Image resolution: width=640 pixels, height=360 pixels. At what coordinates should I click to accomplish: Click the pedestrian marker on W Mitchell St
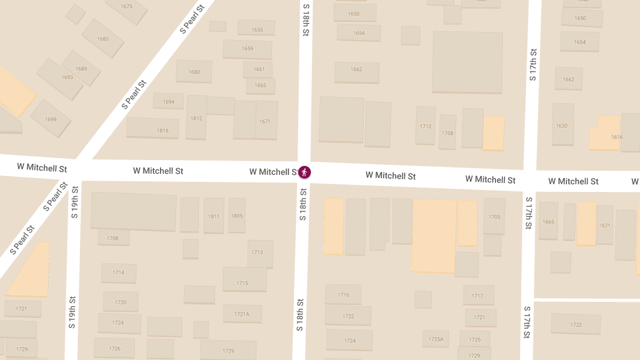[305, 172]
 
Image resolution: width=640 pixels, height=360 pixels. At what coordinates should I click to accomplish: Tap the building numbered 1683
[103, 39]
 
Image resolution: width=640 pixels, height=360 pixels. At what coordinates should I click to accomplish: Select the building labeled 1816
[153, 129]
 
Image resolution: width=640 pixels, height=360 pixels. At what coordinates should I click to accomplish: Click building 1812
[196, 118]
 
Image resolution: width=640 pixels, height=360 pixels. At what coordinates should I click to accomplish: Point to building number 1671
[266, 121]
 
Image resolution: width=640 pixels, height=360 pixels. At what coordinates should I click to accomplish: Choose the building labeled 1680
[194, 71]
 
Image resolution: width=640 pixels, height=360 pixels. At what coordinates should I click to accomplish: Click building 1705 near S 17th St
[494, 217]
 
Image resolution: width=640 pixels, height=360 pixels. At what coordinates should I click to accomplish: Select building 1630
[563, 125]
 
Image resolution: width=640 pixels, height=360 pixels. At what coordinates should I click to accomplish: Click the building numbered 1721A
[242, 314]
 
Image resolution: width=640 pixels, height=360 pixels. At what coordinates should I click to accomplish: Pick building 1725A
[436, 339]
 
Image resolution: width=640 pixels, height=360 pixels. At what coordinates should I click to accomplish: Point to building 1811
[214, 215]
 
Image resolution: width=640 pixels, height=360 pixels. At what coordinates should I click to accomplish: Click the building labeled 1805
[237, 215]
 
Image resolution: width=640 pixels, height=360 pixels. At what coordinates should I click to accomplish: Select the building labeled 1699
[51, 119]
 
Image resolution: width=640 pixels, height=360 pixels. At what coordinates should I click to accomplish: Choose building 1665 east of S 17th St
[548, 221]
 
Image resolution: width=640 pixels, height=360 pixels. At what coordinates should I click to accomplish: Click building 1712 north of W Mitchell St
[426, 126]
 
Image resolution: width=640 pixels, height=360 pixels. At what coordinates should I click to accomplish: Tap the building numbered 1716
[343, 294]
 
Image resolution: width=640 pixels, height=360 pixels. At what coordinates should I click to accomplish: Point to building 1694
[169, 101]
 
